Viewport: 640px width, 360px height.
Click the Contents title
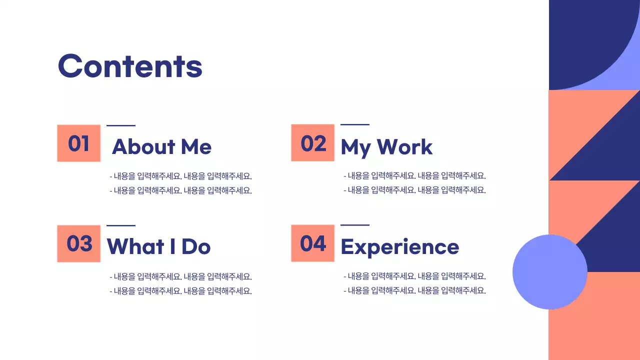pyautogui.click(x=130, y=66)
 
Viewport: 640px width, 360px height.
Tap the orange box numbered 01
pyautogui.click(x=79, y=143)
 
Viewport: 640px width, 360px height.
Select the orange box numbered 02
pyautogui.click(x=313, y=143)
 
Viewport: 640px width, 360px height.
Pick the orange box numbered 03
pyautogui.click(x=79, y=243)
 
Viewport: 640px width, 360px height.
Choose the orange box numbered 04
pyautogui.click(x=313, y=243)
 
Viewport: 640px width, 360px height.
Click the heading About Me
pyautogui.click(x=161, y=146)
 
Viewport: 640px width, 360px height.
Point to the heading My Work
pyautogui.click(x=386, y=147)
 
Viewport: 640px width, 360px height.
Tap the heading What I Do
pyautogui.click(x=158, y=246)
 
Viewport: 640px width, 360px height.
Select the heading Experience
pyautogui.click(x=399, y=247)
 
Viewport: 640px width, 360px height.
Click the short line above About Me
pyautogui.click(x=121, y=125)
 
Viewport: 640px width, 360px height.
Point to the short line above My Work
pyautogui.click(x=355, y=124)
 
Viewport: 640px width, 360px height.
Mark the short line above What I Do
pyautogui.click(x=121, y=225)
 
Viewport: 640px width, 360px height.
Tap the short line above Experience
pyautogui.click(x=355, y=225)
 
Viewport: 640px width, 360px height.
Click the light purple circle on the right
pyautogui.click(x=549, y=272)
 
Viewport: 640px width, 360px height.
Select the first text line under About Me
pyautogui.click(x=180, y=176)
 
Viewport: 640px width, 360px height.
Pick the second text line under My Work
pyautogui.click(x=414, y=190)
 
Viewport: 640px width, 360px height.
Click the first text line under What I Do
pyautogui.click(x=180, y=276)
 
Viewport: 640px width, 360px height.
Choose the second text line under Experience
pyautogui.click(x=414, y=290)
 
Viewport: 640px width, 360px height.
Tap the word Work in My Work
pyautogui.click(x=404, y=147)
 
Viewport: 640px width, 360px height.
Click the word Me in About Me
pyautogui.click(x=196, y=146)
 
